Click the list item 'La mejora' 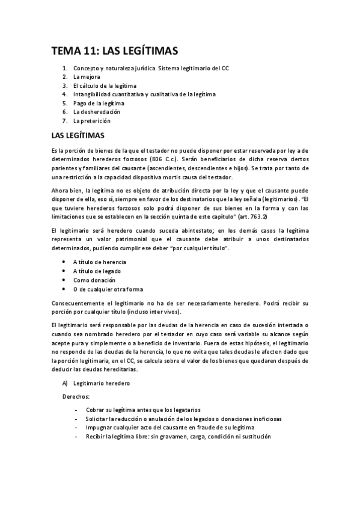(87, 77)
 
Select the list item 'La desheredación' (97, 112)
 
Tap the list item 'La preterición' (92, 120)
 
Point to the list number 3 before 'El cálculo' (64, 86)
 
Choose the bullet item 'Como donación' (93, 280)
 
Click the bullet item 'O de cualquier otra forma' (108, 289)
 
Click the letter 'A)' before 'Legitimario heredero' (65, 382)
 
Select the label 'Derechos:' (76, 397)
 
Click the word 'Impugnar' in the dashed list (99, 428)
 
